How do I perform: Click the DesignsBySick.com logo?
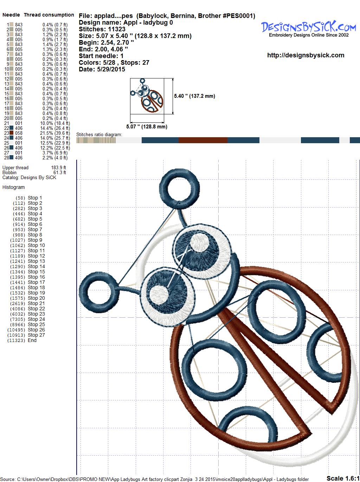tap(308, 29)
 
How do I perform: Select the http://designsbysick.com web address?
tap(306, 55)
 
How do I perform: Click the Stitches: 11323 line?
tap(102, 29)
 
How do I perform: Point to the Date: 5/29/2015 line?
tap(102, 69)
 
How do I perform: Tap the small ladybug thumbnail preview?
tap(147, 96)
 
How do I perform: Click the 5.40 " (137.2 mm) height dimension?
tap(194, 96)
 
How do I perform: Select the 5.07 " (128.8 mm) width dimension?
tap(147, 127)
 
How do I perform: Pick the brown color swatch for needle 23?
tap(11, 133)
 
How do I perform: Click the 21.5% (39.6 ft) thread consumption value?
tap(55, 133)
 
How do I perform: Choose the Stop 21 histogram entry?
tap(27, 303)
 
